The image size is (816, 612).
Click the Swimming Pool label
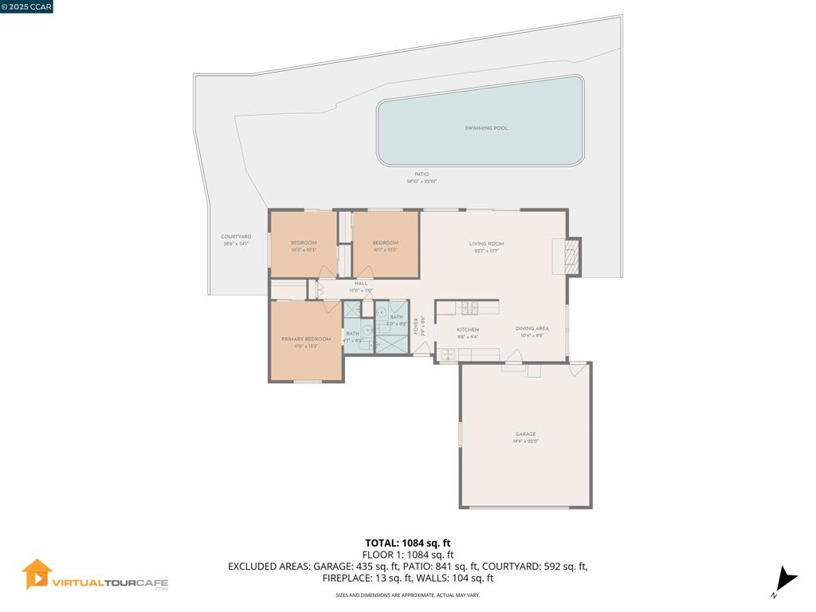point(486,127)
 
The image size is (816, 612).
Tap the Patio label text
point(422,174)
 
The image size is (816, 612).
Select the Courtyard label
point(236,237)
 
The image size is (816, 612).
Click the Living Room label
point(486,244)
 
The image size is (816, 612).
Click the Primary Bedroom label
point(306,339)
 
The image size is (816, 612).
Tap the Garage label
point(525,434)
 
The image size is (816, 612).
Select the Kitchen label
point(467,329)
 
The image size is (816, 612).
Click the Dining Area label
point(532,328)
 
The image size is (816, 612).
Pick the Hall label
point(361,283)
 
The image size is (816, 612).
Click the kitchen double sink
point(447,355)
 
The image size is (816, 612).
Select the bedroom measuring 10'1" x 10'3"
point(385,245)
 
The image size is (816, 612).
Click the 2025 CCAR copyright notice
point(26,6)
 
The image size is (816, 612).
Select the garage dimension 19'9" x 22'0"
point(525,441)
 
